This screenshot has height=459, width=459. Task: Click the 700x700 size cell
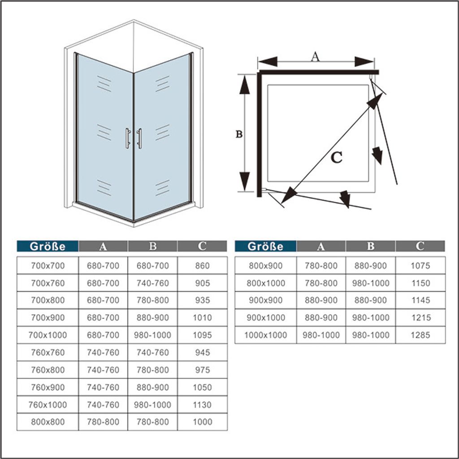48,266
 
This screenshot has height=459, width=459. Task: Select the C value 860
202,266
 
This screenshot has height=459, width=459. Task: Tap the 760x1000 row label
48,405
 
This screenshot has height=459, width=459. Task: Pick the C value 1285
420,335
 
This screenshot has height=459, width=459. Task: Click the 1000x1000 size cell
265,335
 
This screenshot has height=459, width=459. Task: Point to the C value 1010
202,318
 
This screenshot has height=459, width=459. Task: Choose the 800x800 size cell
48,422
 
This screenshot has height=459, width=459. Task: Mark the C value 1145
420,300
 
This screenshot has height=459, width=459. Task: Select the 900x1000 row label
265,318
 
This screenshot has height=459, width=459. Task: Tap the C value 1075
420,266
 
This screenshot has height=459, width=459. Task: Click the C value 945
202,352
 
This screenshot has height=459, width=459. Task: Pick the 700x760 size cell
48,283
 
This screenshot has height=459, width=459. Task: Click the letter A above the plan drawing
315,56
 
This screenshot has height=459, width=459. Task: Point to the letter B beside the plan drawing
239,134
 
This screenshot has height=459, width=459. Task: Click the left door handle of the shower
128,138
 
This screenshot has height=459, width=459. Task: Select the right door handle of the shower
139,138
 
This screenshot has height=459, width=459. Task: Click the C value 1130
202,405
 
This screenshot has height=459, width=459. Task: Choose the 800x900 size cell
265,266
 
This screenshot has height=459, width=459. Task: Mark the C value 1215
420,318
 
